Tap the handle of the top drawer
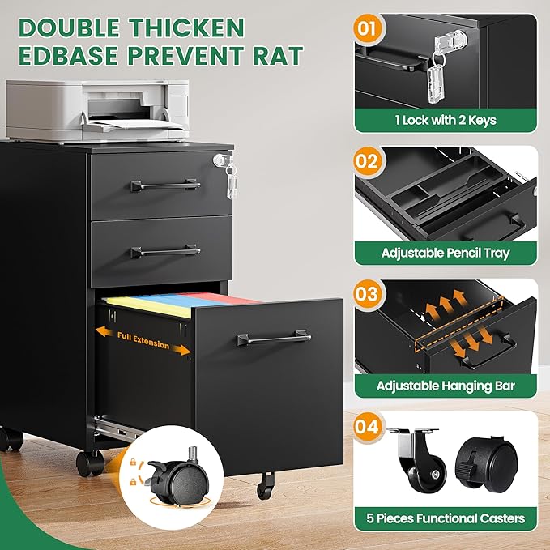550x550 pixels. point(165,185)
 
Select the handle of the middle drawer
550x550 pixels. point(165,251)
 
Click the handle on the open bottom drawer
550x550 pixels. point(273,337)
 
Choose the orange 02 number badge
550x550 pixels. point(367,160)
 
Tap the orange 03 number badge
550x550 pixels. point(367,293)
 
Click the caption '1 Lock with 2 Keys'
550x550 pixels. point(446,121)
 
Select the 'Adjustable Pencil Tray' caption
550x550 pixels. point(446,254)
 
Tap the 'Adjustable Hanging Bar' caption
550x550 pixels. point(446,386)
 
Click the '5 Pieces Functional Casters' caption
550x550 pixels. point(446,518)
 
